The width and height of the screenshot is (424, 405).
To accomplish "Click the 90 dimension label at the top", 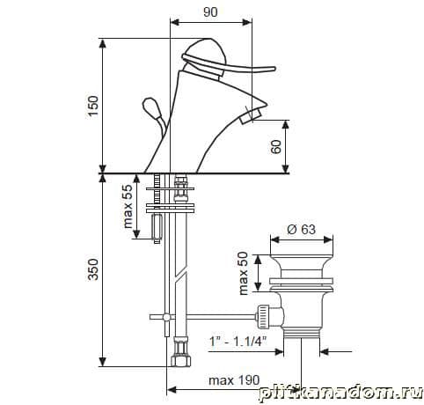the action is (210, 12).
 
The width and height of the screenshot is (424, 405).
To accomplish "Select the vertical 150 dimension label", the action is (93, 106).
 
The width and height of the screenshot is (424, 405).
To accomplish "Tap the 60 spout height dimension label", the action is (276, 147).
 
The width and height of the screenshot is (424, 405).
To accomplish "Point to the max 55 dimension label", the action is (128, 206).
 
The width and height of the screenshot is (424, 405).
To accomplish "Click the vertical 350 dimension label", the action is (93, 269).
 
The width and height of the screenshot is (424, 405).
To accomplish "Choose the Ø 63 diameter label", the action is (301, 229).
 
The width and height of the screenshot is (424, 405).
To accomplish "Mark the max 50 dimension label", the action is (244, 273).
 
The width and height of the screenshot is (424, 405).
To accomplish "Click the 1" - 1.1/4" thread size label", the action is (238, 342).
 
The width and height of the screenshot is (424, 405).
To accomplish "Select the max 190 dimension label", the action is (234, 380).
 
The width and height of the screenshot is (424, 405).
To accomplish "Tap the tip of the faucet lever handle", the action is (274, 70).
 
